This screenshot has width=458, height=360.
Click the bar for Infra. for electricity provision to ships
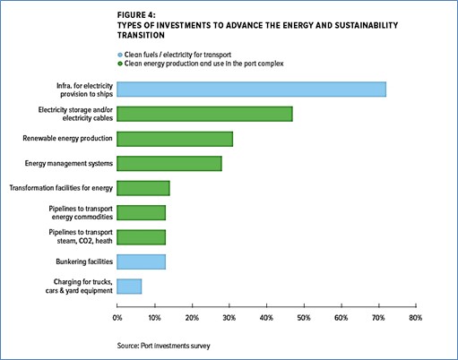coord(251,90)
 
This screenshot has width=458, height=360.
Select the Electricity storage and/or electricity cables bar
coord(204,114)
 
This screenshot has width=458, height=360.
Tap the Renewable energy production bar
coord(175,139)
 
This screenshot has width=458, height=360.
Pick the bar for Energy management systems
coord(169,164)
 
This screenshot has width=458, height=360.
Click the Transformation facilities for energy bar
coord(143,188)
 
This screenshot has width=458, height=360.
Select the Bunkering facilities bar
coord(141,261)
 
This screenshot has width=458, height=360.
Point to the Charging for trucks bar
coord(129,287)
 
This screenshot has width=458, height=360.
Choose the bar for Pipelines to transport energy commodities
coord(141,212)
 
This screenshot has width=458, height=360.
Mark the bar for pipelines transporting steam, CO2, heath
coord(141,237)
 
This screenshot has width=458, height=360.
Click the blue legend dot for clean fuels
coord(120,55)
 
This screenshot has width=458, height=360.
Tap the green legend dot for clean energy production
coord(120,64)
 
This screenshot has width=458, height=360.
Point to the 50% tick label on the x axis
coord(304,318)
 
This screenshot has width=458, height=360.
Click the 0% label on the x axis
coord(117,318)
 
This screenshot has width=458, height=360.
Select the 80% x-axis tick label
coord(416,318)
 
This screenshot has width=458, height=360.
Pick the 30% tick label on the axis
coord(229,318)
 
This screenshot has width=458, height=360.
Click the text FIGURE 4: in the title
coord(136,15)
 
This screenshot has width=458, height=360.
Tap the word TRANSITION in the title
coord(141,35)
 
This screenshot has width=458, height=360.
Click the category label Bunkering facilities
coord(84,261)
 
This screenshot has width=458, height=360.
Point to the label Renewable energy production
coord(67,139)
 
